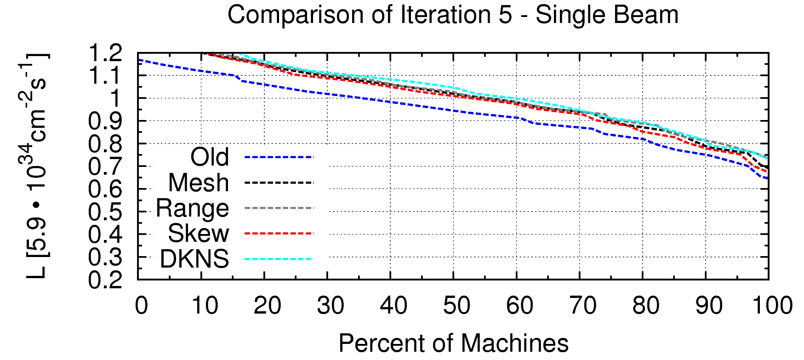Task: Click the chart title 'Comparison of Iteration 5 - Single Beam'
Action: (x=453, y=15)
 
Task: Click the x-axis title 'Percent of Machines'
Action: (x=453, y=343)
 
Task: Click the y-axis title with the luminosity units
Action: (x=37, y=166)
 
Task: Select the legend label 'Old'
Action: (x=210, y=157)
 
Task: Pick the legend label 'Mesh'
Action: (x=199, y=183)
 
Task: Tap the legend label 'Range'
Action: (x=192, y=208)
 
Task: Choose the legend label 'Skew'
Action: (x=198, y=234)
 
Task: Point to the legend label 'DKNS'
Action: (x=194, y=259)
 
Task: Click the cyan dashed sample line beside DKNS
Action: (x=279, y=259)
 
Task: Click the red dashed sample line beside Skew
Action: (x=279, y=234)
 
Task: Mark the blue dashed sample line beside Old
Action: (x=279, y=157)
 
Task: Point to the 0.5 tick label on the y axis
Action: (x=105, y=212)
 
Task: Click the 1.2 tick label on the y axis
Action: (x=105, y=54)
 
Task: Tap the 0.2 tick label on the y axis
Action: (x=105, y=280)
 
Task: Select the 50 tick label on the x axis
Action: (x=456, y=306)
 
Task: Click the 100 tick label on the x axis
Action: (x=772, y=306)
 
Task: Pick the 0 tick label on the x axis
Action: (x=142, y=306)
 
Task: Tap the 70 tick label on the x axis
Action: (x=583, y=306)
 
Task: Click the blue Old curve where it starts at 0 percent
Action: (x=139, y=60)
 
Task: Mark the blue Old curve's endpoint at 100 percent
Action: (x=767, y=178)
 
